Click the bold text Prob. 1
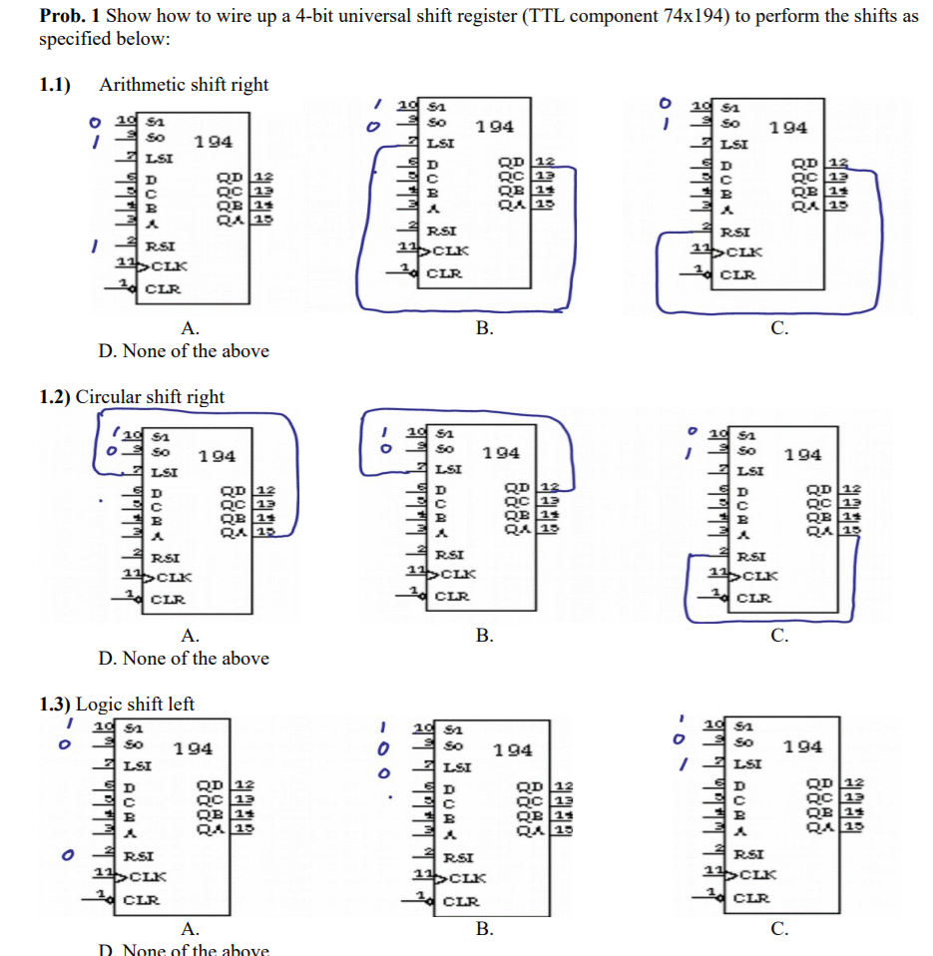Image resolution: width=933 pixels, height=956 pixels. pyautogui.click(x=70, y=17)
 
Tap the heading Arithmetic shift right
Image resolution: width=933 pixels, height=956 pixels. pyautogui.click(x=184, y=85)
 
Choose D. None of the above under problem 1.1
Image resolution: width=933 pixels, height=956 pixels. pyautogui.click(x=184, y=350)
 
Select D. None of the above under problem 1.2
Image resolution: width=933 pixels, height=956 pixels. pyautogui.click(x=184, y=658)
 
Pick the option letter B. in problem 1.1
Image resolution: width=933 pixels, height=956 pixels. pyautogui.click(x=484, y=327)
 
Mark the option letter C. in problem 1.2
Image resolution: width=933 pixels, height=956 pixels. pyautogui.click(x=780, y=635)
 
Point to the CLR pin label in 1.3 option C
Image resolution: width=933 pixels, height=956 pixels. pyautogui.click(x=750, y=897)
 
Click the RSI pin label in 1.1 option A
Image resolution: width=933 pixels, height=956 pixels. pyautogui.click(x=161, y=245)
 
